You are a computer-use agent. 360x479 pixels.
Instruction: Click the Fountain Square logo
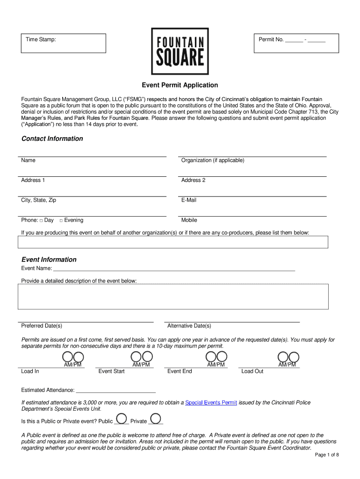click(180, 51)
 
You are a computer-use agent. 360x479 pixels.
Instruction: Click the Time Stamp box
click(65, 43)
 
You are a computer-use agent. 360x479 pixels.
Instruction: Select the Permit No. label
click(271, 40)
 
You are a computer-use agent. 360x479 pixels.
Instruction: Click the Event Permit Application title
click(180, 85)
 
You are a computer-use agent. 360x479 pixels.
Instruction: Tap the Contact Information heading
click(52, 138)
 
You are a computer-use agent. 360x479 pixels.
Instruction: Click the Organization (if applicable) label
click(213, 160)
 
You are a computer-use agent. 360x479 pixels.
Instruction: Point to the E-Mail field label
click(189, 200)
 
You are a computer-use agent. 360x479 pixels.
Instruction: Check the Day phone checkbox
click(41, 221)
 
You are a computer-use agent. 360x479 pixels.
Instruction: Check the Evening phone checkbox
click(61, 221)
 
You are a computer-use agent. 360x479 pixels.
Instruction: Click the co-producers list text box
click(173, 242)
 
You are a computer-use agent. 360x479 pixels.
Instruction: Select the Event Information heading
click(49, 260)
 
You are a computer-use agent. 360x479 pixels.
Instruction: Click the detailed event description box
click(173, 296)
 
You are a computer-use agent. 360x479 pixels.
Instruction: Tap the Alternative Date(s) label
click(189, 326)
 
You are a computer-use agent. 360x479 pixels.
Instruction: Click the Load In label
click(30, 371)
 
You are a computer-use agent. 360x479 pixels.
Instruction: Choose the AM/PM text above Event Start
click(141, 365)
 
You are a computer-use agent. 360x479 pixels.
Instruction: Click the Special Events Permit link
click(211, 403)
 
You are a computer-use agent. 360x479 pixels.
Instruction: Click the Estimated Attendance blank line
click(115, 390)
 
